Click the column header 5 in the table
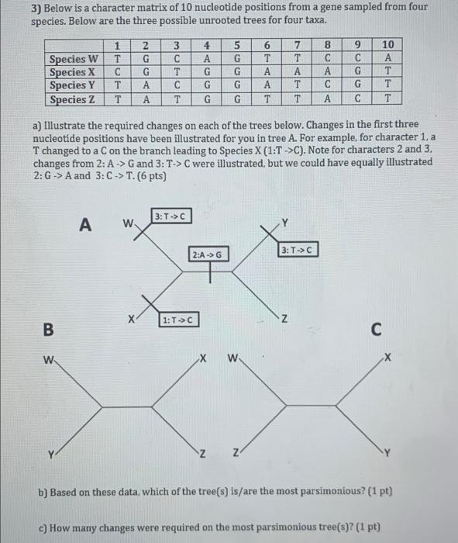[x=236, y=45]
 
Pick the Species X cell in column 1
[x=116, y=72]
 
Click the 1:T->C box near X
[x=178, y=320]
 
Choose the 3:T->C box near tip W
[x=170, y=216]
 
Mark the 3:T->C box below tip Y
[x=298, y=250]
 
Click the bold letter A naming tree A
[x=86, y=225]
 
